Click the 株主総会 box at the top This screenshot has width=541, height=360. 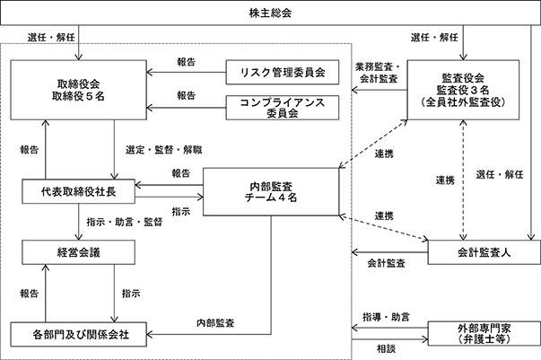(x=270, y=13)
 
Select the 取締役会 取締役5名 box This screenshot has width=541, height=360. (x=78, y=90)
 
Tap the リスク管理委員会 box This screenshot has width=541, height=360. (x=283, y=72)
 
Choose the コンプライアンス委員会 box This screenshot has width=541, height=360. (x=283, y=108)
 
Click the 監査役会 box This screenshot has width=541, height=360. (x=463, y=90)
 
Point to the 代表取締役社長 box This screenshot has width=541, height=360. (x=78, y=191)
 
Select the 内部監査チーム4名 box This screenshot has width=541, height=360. (x=271, y=192)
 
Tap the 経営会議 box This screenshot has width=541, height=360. (x=78, y=252)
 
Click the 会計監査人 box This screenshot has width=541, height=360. (x=484, y=252)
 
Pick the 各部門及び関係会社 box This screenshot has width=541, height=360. (x=78, y=334)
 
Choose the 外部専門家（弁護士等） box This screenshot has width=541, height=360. (x=484, y=333)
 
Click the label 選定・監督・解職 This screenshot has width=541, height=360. (x=164, y=150)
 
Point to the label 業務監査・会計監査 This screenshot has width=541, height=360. (x=379, y=73)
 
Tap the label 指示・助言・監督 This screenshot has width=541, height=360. (x=125, y=222)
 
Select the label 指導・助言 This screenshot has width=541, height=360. (x=386, y=317)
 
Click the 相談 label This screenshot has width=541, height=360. (x=386, y=349)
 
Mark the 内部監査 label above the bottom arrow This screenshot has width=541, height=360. (x=215, y=323)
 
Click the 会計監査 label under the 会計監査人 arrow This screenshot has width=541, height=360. (x=386, y=263)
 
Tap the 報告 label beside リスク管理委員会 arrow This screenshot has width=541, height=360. (x=187, y=62)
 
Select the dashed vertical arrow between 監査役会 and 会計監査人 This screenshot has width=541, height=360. (x=463, y=180)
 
